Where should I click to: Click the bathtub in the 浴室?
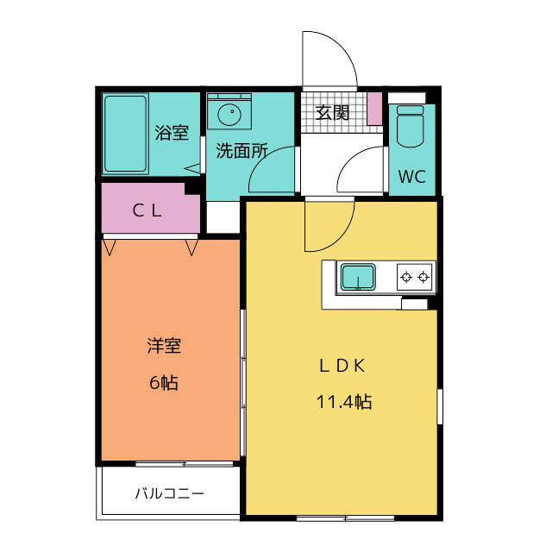tap(125, 134)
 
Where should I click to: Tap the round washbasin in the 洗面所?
tap(229, 114)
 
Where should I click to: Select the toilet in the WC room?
tap(411, 126)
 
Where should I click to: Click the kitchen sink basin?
tap(358, 277)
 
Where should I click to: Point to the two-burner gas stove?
tap(415, 277)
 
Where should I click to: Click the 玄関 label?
tap(332, 113)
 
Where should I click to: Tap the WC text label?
tap(412, 176)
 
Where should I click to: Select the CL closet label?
tap(147, 210)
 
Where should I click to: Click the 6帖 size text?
tap(164, 382)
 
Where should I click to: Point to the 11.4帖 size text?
tap(344, 401)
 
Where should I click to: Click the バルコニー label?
tap(170, 493)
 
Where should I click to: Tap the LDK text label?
tap(342, 366)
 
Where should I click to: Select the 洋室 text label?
tap(164, 346)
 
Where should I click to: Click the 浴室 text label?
tap(172, 133)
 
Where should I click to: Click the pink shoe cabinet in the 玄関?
tap(374, 109)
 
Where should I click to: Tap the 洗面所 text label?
tap(241, 151)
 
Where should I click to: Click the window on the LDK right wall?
tap(440, 406)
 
